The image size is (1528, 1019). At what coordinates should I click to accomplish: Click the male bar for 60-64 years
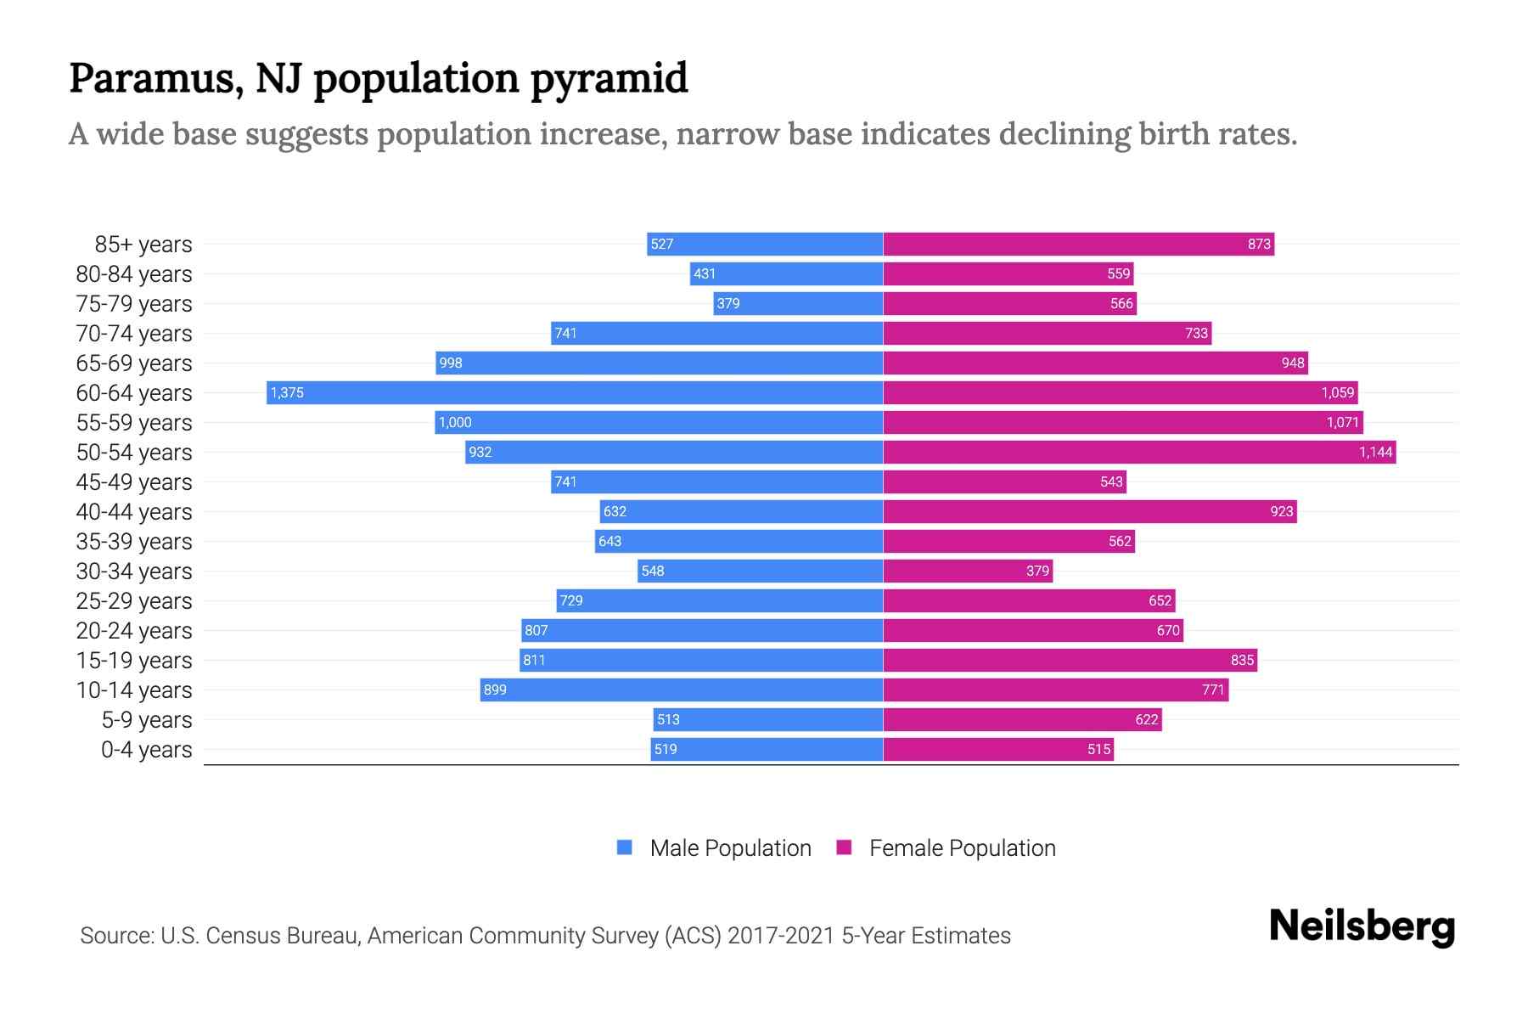pyautogui.click(x=575, y=392)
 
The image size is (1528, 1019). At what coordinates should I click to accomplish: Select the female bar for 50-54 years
pyautogui.click(x=1139, y=452)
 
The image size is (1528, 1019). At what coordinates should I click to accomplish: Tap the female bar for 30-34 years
pyautogui.click(x=968, y=571)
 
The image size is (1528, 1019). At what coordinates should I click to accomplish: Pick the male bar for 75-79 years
pyautogui.click(x=798, y=303)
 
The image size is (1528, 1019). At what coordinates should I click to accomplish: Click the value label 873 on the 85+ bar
pyautogui.click(x=1259, y=245)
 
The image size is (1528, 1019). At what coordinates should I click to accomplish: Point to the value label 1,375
pyautogui.click(x=287, y=393)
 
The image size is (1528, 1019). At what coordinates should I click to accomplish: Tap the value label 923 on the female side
pyautogui.click(x=1282, y=511)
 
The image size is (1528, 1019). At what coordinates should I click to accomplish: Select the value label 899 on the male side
pyautogui.click(x=495, y=690)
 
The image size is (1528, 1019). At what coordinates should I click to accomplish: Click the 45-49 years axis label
pyautogui.click(x=134, y=482)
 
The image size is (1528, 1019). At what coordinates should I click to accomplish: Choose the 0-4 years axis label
pyautogui.click(x=146, y=750)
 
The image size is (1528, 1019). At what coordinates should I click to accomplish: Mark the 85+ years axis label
pyautogui.click(x=143, y=245)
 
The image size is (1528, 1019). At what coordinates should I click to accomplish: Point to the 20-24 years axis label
pyautogui.click(x=134, y=631)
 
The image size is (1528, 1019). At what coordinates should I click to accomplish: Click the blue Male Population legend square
pyautogui.click(x=625, y=847)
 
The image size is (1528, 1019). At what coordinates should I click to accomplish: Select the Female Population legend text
pyautogui.click(x=962, y=848)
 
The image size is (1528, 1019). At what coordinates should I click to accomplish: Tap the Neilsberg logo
pyautogui.click(x=1362, y=926)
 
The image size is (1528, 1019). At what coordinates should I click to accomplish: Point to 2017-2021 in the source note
pyautogui.click(x=780, y=936)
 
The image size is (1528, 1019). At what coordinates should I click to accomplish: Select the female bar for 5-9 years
pyautogui.click(x=1022, y=719)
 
